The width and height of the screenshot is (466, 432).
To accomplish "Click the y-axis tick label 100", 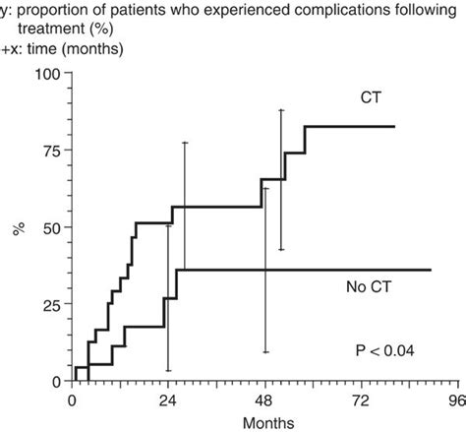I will (48, 73).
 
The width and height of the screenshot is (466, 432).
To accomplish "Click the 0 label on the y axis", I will (55, 381).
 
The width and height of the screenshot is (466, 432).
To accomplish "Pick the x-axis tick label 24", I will (167, 401).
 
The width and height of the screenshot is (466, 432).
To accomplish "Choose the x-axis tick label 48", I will (263, 401).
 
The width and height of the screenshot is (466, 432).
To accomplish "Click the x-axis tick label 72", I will (359, 401).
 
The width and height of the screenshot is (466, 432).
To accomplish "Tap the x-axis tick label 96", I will (454, 401).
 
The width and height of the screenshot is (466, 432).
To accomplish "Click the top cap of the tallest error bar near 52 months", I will (281, 110).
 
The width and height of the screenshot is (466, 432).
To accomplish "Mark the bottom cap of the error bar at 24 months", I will (168, 370).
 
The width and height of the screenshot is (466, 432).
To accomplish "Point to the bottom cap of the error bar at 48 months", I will (264, 351).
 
